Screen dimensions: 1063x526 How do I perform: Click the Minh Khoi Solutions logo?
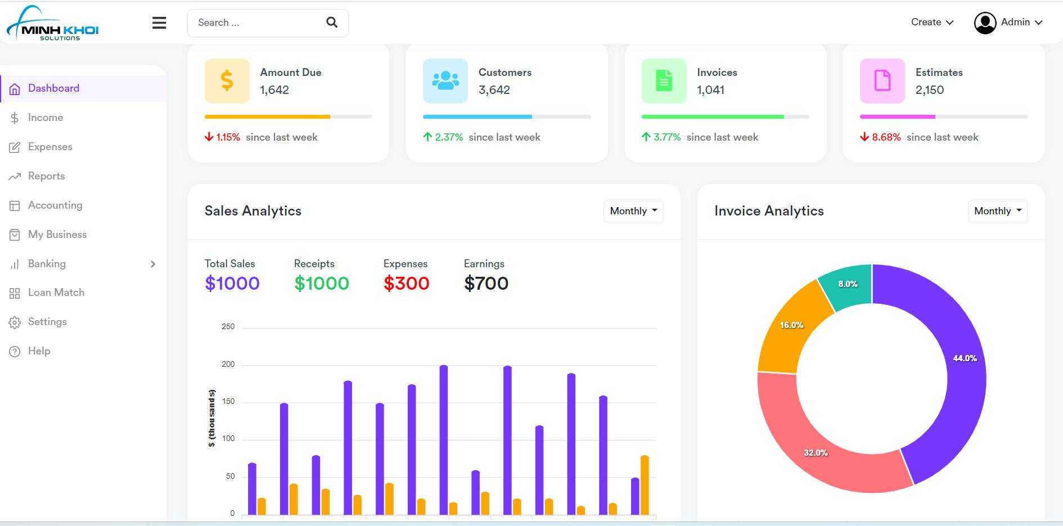[x=52, y=23]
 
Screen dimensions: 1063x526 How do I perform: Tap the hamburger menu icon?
[x=159, y=23]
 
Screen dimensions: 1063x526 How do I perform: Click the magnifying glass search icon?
[x=332, y=22]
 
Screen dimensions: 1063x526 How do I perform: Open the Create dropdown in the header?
[x=932, y=22]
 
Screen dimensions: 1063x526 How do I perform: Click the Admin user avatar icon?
[x=985, y=23]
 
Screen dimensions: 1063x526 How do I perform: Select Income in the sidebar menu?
[x=46, y=118]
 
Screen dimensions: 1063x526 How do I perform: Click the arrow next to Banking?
[x=153, y=264]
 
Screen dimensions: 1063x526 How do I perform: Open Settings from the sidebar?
[x=47, y=322]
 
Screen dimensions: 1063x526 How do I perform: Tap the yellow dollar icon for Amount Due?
[x=227, y=80]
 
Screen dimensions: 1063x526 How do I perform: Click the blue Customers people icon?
[x=445, y=80]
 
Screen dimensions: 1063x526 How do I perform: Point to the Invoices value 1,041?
[x=710, y=90]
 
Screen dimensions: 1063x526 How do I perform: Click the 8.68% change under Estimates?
[x=886, y=137]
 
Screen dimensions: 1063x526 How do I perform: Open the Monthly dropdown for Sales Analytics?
[x=633, y=211]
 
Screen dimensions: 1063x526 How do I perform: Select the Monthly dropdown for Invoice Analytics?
[x=998, y=211]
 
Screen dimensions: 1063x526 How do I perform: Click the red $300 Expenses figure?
[x=406, y=284]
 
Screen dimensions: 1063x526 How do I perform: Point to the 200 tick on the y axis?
[x=228, y=364]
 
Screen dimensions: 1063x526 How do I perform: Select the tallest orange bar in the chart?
[x=645, y=485]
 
